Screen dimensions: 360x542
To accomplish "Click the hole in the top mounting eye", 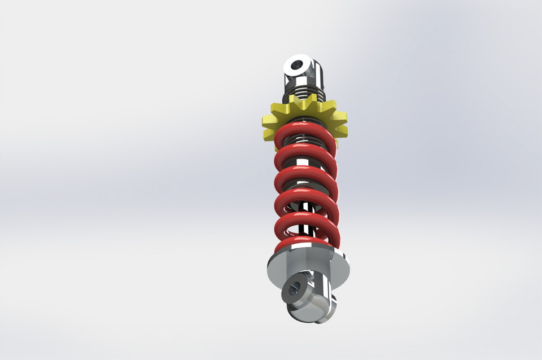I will click(296, 66).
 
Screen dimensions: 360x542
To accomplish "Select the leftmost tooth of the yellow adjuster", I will click(268, 120).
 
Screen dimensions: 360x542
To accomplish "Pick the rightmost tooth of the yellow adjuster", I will click(342, 120).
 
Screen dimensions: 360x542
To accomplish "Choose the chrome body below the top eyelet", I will click(316, 73).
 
